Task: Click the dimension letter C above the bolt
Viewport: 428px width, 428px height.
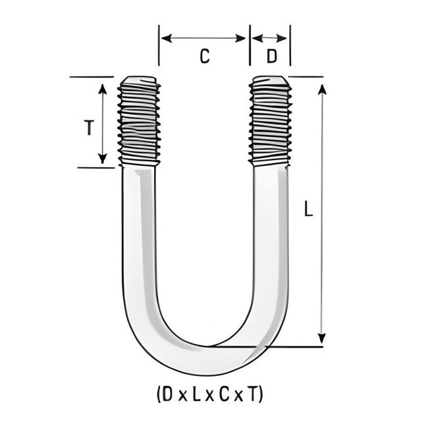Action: (x=204, y=57)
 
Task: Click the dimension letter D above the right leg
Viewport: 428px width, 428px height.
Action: (x=271, y=57)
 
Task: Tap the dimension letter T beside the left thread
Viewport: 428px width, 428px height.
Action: (x=88, y=128)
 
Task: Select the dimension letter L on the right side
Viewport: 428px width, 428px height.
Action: (x=308, y=210)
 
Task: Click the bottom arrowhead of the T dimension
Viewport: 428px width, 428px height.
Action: (x=102, y=159)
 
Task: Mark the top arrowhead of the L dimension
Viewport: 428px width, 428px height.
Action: (x=321, y=89)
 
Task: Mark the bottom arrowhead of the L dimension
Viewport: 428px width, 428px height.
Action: (x=321, y=338)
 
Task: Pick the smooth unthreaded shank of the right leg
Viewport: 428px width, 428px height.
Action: (x=269, y=237)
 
